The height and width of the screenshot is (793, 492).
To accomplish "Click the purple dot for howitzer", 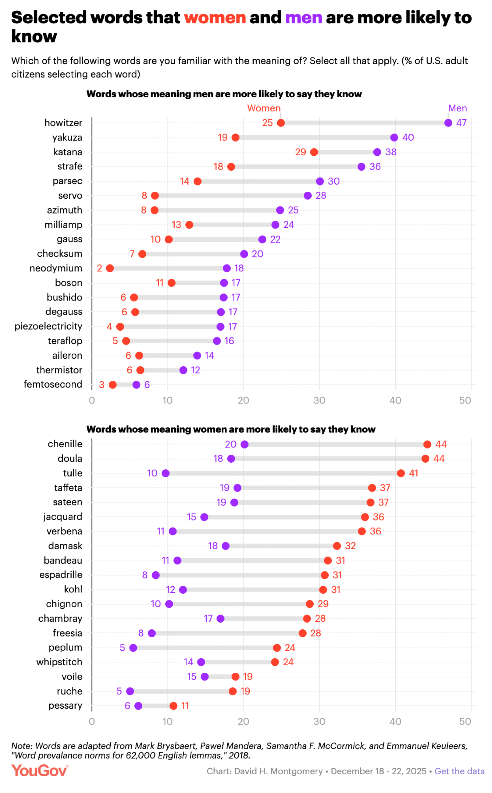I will (x=448, y=123).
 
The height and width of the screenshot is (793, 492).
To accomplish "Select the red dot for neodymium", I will (x=110, y=268).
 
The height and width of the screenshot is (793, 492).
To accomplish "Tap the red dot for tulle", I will (x=401, y=473).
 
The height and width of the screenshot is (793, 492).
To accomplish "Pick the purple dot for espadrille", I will (x=156, y=575).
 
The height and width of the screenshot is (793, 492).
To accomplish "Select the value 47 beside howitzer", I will (x=462, y=123).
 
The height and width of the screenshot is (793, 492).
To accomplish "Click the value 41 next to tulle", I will (x=413, y=473).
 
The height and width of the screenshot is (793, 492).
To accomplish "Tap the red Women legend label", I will (x=264, y=108).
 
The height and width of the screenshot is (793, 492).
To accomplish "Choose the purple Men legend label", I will (x=457, y=108).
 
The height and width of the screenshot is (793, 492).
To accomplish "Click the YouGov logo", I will (x=40, y=771).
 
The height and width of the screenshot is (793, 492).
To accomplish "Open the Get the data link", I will (x=459, y=771).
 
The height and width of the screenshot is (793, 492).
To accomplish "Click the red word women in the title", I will (x=215, y=18).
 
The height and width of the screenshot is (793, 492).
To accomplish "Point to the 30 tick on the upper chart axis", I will (x=319, y=400).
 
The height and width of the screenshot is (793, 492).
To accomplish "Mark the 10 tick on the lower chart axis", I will (x=168, y=722).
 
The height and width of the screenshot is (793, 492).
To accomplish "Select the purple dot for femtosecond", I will (x=136, y=385).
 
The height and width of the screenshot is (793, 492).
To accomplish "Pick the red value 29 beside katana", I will (x=300, y=152).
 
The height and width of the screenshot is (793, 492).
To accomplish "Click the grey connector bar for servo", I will (x=231, y=196).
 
